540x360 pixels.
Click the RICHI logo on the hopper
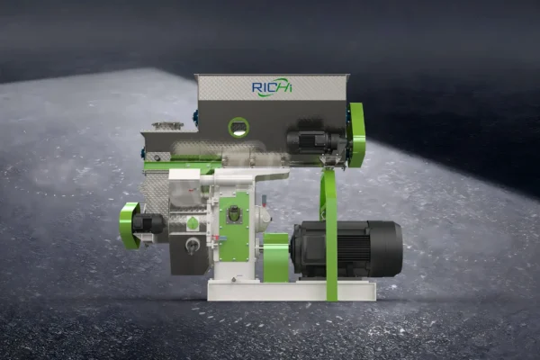(272, 86)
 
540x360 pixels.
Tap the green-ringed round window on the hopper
(238, 128)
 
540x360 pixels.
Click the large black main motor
(346, 249)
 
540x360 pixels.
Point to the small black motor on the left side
(147, 224)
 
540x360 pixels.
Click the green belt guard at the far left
(130, 225)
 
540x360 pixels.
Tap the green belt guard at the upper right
(356, 135)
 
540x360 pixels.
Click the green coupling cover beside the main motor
(276, 257)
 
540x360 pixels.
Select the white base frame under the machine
(292, 290)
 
